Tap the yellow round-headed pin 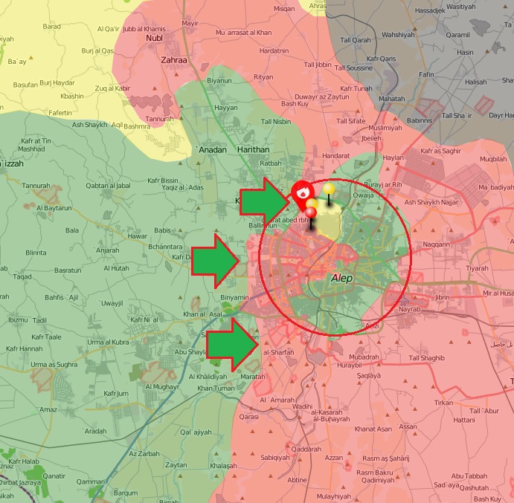328,189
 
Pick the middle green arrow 215,261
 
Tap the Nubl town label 154,37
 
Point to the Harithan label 252,149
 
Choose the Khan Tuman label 216,388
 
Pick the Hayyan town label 226,108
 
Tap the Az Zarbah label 144,453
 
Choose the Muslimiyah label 384,128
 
